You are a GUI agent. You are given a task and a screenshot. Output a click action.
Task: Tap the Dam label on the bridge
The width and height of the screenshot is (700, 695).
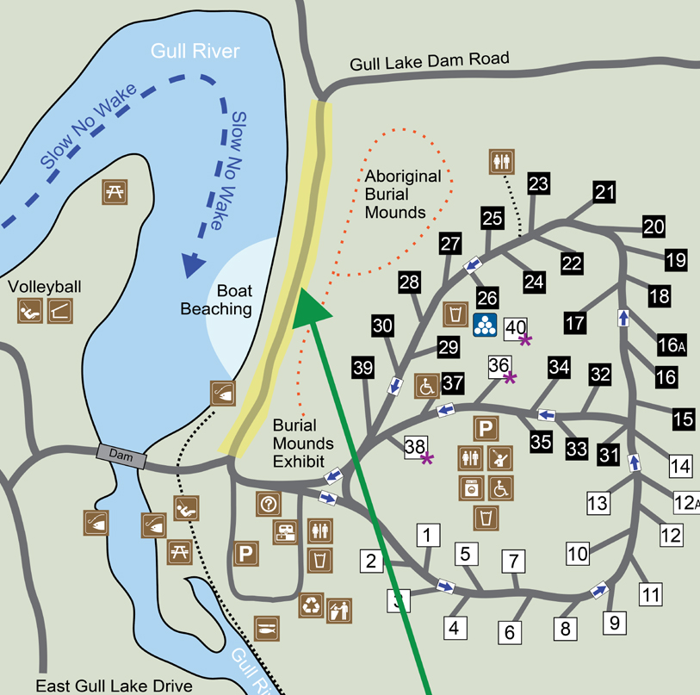pyautogui.click(x=121, y=456)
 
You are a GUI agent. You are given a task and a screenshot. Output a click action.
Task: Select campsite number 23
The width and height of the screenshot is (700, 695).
pyautogui.click(x=538, y=183)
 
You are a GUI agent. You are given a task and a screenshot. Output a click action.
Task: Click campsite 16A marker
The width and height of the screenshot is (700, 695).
pyautogui.click(x=671, y=344)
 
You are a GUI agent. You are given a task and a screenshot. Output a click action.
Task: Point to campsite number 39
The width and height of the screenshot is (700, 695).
pyautogui.click(x=363, y=368)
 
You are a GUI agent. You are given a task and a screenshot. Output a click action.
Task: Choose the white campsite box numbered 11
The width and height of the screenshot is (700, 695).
pyautogui.click(x=651, y=593)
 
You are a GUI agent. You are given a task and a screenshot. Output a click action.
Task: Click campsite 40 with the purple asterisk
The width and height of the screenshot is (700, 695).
pyautogui.click(x=516, y=327)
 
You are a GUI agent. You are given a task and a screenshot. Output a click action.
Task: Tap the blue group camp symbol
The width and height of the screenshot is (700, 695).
pyautogui.click(x=486, y=325)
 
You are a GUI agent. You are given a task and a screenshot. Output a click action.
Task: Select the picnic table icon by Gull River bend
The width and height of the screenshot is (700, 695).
pyautogui.click(x=115, y=192)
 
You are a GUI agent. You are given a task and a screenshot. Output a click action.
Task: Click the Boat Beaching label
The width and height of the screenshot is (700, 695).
pyautogui.click(x=216, y=300)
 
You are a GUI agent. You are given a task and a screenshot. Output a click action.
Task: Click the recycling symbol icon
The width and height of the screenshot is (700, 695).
pyautogui.click(x=311, y=605)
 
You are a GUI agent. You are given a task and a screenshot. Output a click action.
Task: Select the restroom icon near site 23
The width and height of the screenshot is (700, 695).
pyautogui.click(x=500, y=160)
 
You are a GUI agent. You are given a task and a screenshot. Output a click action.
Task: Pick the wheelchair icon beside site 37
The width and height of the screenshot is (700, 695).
pyautogui.click(x=427, y=386)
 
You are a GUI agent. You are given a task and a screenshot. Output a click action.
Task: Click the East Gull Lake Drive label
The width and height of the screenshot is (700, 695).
pyautogui.click(x=115, y=686)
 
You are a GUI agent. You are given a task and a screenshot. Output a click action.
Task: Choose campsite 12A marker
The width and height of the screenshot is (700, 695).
pyautogui.click(x=686, y=502)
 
